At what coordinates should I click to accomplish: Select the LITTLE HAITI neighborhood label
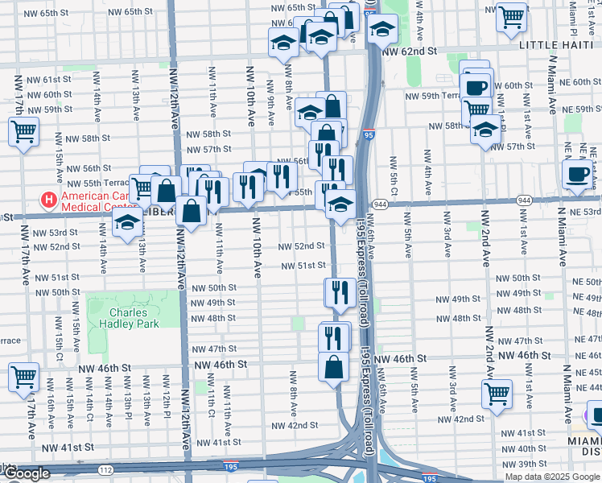point(559,46)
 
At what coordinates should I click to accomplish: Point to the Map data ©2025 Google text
point(552,477)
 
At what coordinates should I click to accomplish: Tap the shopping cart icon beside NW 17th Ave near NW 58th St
point(24,131)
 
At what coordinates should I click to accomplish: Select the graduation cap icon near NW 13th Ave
point(127,225)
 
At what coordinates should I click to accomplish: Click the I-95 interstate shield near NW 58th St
point(368,136)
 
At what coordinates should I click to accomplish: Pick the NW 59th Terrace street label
point(432,96)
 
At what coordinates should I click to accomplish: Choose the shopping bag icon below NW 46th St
point(334,368)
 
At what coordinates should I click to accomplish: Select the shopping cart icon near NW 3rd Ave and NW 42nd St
point(497,394)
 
